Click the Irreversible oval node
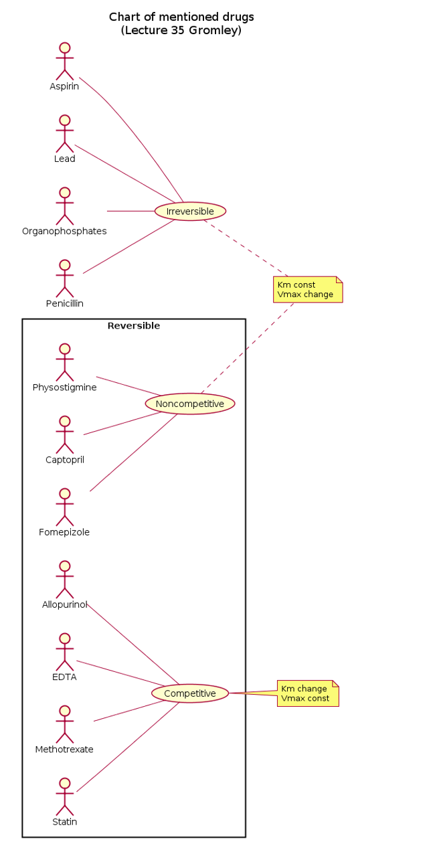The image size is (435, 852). [190, 211]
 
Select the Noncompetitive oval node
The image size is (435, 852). [190, 404]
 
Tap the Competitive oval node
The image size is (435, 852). [190, 693]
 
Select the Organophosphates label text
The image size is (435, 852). [64, 232]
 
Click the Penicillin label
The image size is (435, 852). [64, 304]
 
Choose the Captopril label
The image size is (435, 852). [64, 460]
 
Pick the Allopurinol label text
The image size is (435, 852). [64, 605]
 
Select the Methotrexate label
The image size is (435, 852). [64, 750]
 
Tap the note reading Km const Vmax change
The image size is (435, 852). [307, 290]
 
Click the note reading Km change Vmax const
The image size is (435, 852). [307, 693]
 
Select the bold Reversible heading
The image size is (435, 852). [134, 327]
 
